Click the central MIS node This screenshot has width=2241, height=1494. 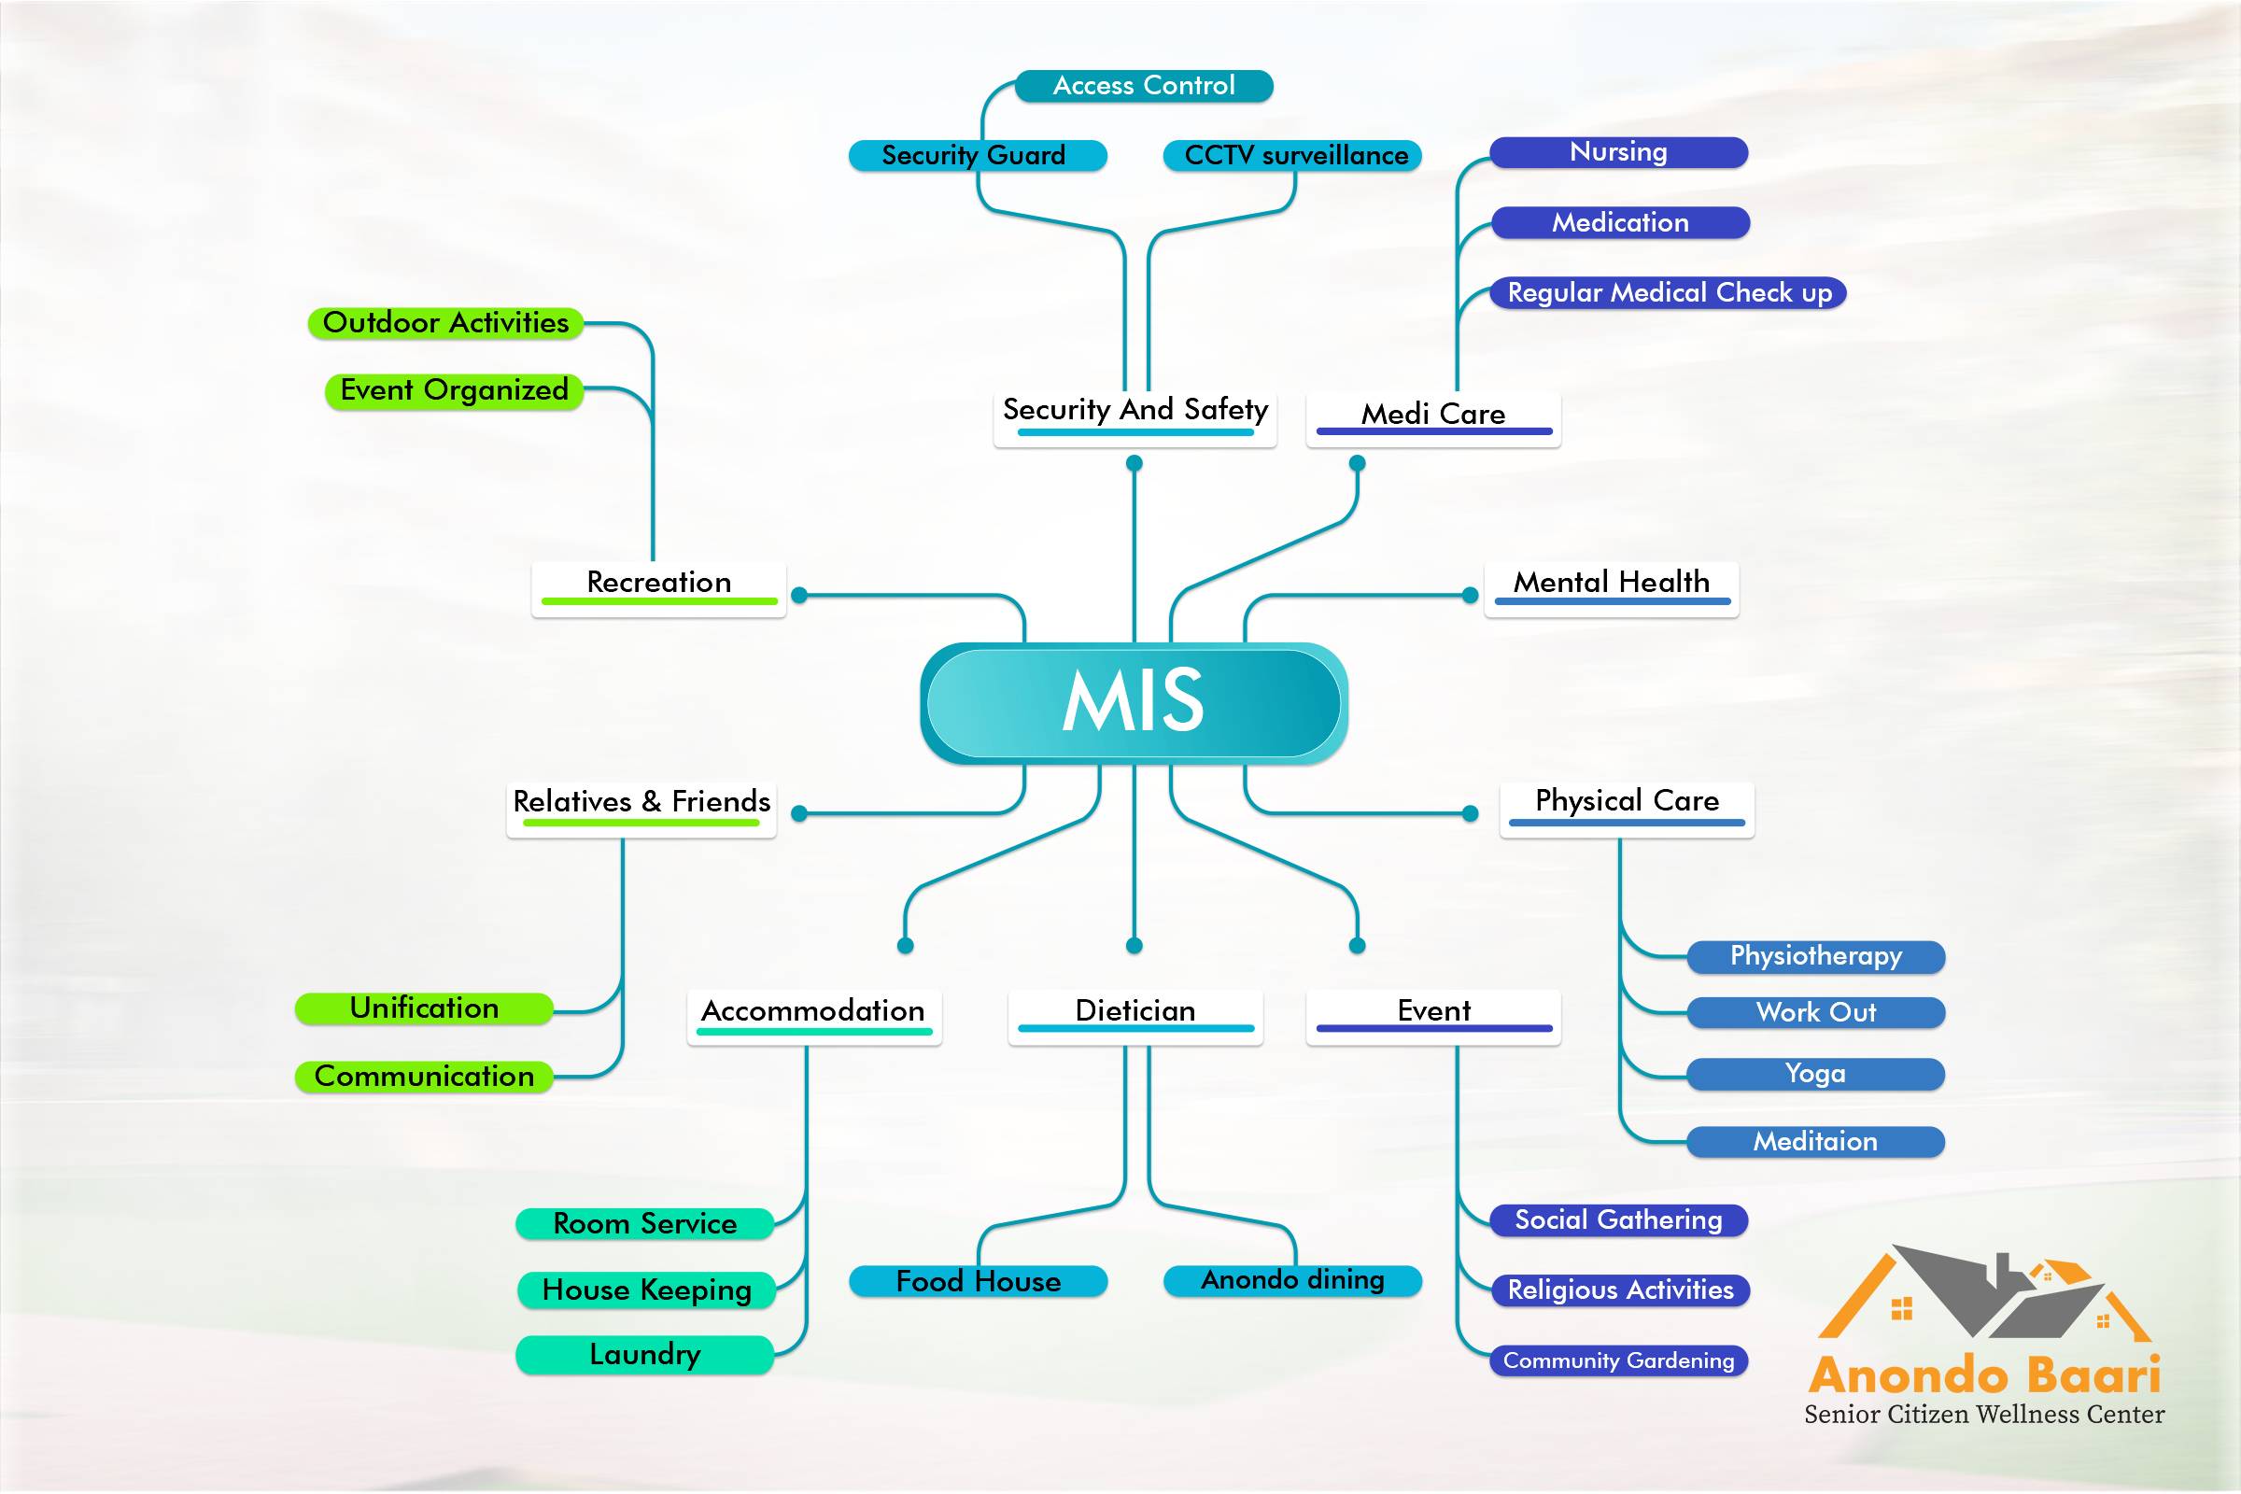pos(1133,702)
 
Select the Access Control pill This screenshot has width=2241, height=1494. pos(1143,86)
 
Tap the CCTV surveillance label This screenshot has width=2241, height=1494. pos(1295,155)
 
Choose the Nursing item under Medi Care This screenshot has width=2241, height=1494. pos(1618,152)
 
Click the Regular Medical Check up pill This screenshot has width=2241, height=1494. pos(1669,292)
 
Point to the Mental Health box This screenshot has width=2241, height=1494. pos(1612,588)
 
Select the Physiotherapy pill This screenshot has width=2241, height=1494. pos(1815,956)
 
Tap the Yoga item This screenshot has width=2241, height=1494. pos(1815,1074)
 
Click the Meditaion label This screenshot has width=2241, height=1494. pos(1815,1141)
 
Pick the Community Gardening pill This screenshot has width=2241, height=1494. pos(1618,1360)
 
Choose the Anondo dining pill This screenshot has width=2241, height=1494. pos(1292,1280)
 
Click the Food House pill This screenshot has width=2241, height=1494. pos(978,1281)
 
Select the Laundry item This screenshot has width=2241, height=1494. pos(645,1355)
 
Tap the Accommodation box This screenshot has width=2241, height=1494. pos(813,1016)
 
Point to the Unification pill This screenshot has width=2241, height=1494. pos(424,1008)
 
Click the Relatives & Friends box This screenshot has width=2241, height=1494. pos(641,807)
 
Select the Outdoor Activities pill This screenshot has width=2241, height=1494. pos(445,323)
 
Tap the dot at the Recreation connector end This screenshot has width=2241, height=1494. pos(799,596)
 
